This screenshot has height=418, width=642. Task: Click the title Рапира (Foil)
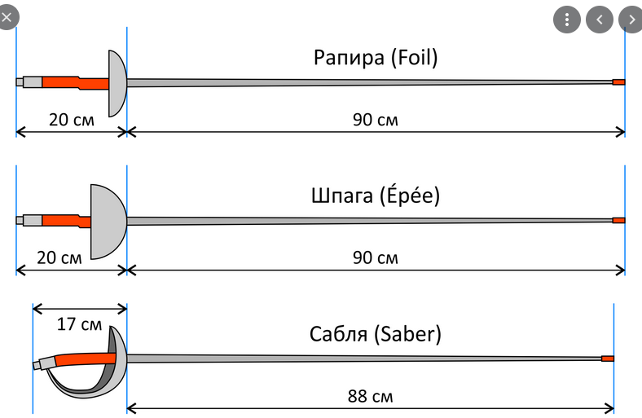point(376,58)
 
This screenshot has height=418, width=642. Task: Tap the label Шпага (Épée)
point(376,196)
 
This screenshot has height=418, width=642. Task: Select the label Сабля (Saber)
point(376,335)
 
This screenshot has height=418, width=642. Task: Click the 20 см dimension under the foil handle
point(71,120)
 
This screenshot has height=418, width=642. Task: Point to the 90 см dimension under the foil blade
point(376,120)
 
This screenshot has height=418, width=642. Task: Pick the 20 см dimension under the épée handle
point(60,258)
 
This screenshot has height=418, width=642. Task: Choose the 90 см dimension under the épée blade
point(376,258)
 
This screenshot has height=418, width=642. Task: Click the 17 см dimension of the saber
point(80,323)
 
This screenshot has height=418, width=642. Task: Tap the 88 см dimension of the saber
point(371,397)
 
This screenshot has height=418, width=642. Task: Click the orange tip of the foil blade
point(618,82)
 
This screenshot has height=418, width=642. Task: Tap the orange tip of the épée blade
point(618,221)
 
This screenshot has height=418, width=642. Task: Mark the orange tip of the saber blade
point(607,359)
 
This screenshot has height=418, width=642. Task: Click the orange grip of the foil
point(73,82)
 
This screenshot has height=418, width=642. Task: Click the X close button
point(7,15)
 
